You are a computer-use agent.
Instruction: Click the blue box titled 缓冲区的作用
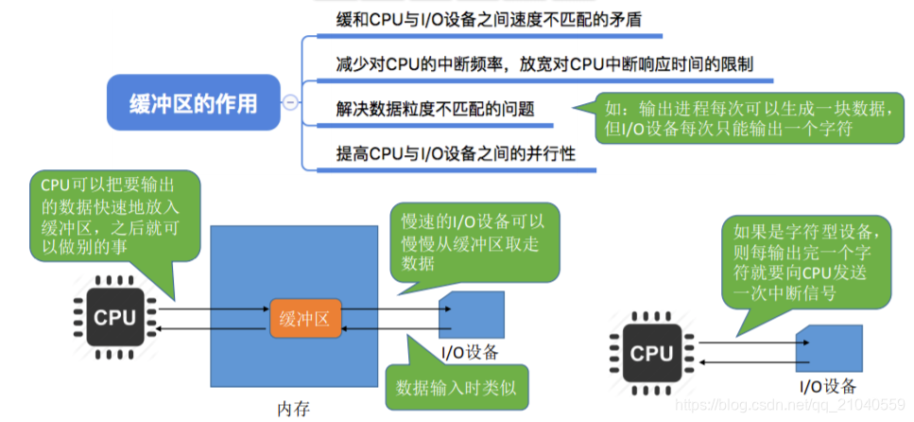coord(193,102)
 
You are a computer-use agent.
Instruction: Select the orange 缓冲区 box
coord(303,320)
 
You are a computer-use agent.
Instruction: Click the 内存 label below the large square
coord(293,408)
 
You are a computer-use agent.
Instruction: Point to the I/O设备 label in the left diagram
coord(471,353)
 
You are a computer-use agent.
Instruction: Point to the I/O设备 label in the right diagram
coord(828,385)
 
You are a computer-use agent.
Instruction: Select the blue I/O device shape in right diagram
coord(833,349)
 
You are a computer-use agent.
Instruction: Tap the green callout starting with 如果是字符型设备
coord(806,261)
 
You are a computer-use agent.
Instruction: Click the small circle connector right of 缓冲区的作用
coord(290,102)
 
